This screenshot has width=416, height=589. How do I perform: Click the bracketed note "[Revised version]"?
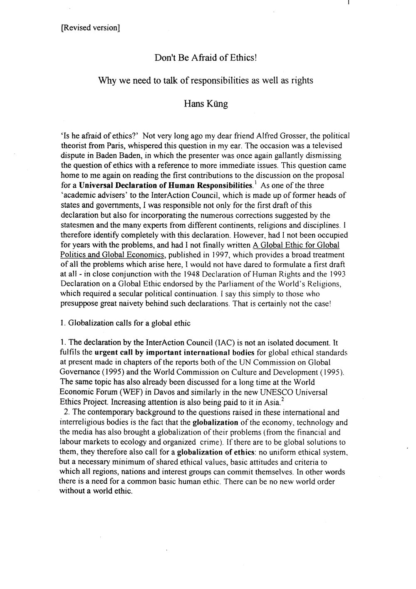(x=90, y=28)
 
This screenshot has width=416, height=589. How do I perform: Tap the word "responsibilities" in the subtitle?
(x=219, y=81)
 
